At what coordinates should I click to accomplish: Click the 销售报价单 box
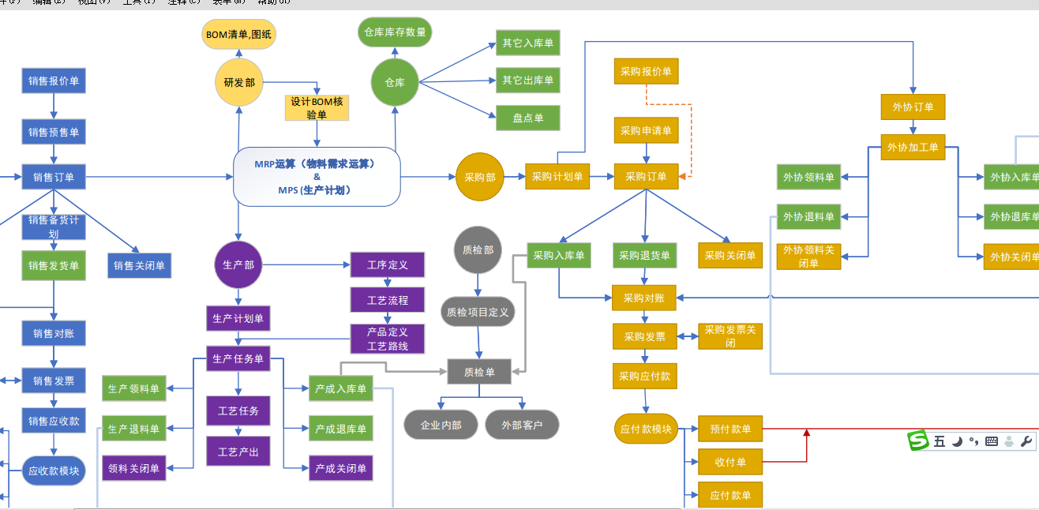(x=54, y=81)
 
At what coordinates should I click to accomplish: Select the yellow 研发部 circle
(x=238, y=82)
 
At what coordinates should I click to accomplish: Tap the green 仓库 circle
(x=395, y=82)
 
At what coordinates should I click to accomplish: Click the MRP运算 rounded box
(x=317, y=177)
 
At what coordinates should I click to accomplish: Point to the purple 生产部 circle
(x=238, y=264)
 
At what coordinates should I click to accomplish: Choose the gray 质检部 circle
(x=478, y=250)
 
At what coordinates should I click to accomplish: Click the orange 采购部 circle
(x=479, y=177)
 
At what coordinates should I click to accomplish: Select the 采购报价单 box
(x=646, y=71)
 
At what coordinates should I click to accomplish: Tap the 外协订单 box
(x=913, y=107)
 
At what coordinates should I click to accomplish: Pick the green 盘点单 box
(x=527, y=118)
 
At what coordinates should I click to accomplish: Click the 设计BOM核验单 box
(x=317, y=108)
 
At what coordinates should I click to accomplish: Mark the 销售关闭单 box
(x=139, y=266)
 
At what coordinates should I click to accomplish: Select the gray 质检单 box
(x=479, y=372)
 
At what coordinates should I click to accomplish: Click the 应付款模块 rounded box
(x=646, y=429)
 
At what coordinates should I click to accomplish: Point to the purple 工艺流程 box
(x=387, y=301)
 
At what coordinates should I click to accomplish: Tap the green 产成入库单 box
(x=340, y=388)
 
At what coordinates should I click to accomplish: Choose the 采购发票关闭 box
(x=730, y=336)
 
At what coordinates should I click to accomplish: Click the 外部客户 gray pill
(x=522, y=425)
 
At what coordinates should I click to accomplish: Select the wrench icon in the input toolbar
(x=1026, y=441)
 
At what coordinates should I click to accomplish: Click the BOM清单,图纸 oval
(x=239, y=35)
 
